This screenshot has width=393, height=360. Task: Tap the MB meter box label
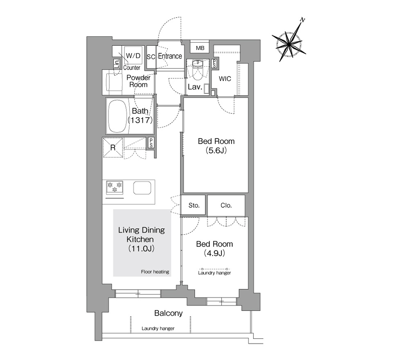point(200,48)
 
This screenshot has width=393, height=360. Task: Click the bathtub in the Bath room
point(117,116)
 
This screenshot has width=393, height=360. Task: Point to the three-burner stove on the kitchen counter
point(115,187)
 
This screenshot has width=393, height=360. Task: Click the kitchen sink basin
point(142,188)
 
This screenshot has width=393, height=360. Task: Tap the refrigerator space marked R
point(113,148)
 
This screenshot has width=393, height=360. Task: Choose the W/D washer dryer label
point(133,55)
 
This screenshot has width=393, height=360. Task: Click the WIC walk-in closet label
point(225,79)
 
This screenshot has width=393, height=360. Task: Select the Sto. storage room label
point(194,205)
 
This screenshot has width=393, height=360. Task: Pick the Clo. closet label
point(226,205)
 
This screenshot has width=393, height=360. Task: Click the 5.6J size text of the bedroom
point(216,150)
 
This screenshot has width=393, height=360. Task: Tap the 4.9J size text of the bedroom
point(215,253)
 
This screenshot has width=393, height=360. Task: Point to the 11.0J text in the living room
point(141,248)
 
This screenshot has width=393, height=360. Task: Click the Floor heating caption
point(155,272)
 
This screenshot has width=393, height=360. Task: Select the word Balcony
point(168,313)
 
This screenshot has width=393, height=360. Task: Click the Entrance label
point(170,56)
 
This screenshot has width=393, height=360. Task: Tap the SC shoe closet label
point(151,57)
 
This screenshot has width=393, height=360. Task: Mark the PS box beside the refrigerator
point(151,143)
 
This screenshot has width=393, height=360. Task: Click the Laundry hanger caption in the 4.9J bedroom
point(214,273)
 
